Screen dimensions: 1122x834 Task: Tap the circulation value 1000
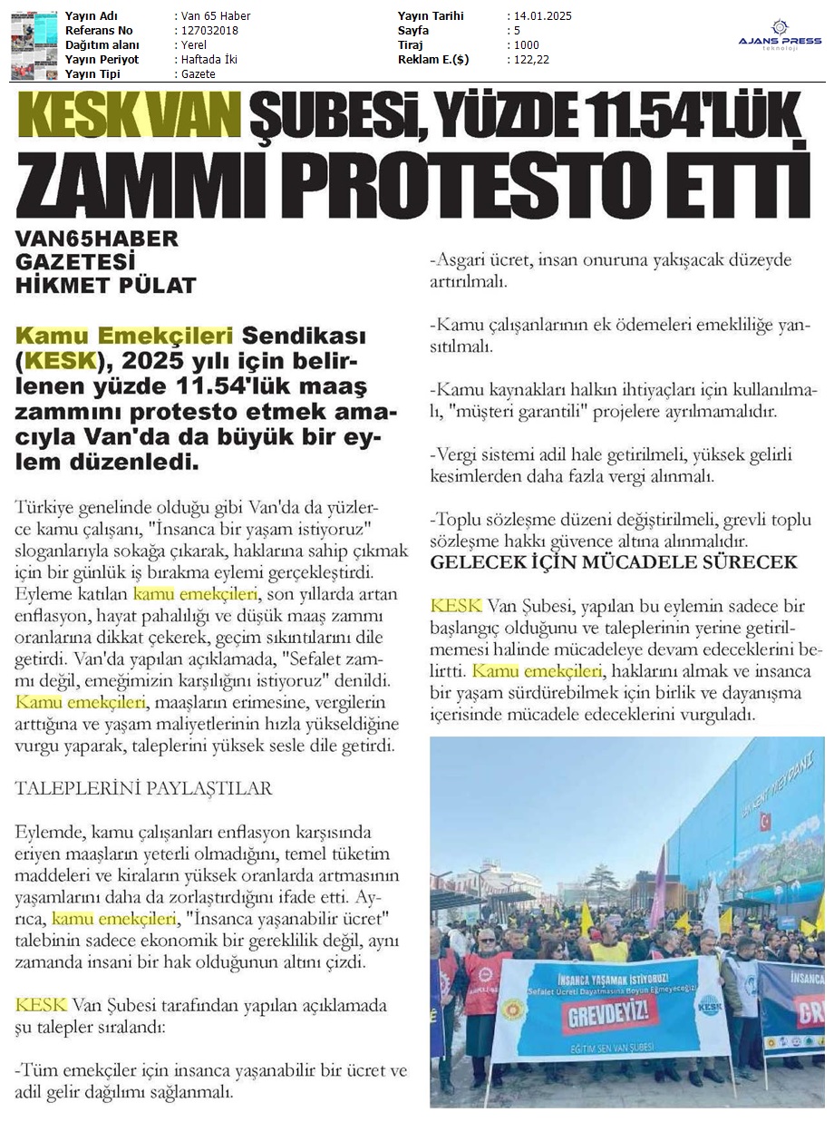point(525,45)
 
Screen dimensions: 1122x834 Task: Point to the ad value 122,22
point(530,60)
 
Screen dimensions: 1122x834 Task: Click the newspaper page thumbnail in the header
point(34,44)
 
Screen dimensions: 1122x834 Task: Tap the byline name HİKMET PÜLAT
point(106,286)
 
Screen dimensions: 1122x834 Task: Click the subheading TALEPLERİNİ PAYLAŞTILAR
point(143,788)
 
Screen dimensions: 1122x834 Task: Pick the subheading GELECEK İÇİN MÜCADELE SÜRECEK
point(614,562)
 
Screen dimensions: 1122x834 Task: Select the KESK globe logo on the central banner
point(708,1005)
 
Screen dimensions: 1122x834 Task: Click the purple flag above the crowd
point(657,876)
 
